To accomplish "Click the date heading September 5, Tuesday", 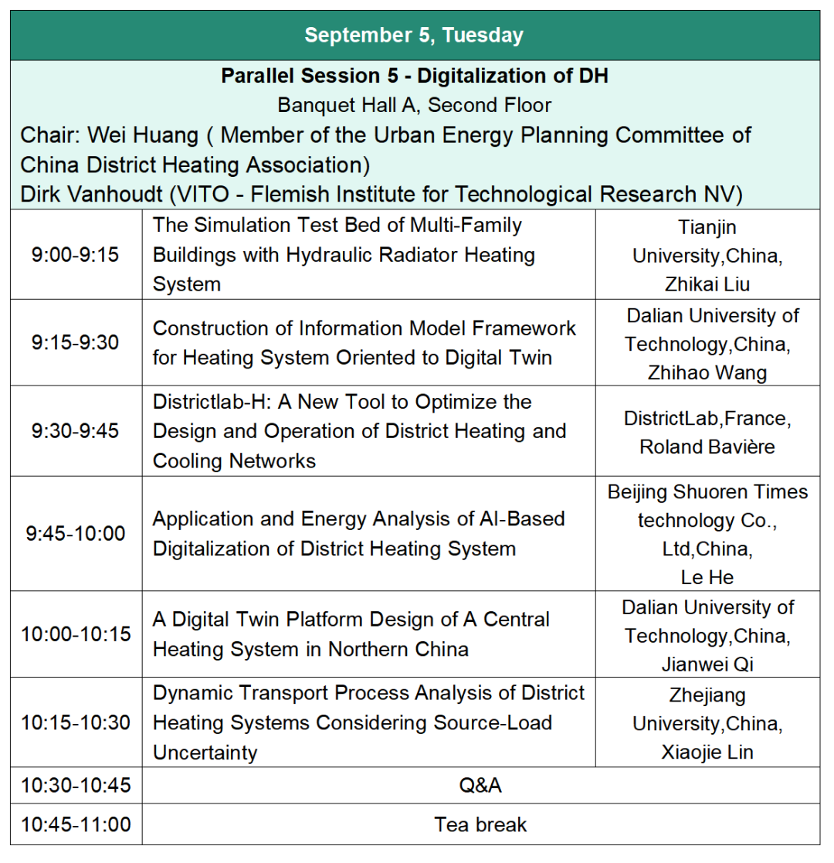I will pos(414,36).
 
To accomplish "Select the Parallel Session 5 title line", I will pos(414,76).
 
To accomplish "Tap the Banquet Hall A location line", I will pos(414,105).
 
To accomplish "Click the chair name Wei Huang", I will pos(144,135).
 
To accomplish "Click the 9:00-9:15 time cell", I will pos(76,254).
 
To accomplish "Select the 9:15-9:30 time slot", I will pos(76,342).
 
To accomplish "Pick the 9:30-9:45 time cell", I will pos(76,430).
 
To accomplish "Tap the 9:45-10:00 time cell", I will pos(76,533).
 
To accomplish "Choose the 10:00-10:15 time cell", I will pos(76,634).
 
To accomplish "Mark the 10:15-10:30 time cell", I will pos(76,723).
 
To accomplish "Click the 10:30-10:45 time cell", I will pos(76,786).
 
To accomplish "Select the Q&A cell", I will pos(480,786).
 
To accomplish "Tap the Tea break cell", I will pos(480,824).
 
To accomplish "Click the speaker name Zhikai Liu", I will pos(707,284).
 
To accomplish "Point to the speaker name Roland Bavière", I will pos(707,447).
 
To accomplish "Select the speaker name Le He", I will pos(707,576).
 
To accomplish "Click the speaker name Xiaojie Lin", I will pos(707,753).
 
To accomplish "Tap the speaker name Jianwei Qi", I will pos(707,664).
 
